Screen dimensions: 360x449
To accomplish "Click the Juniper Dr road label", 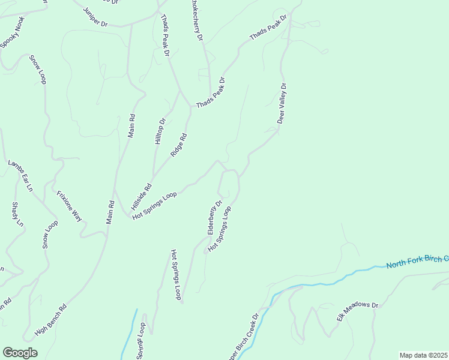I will [x=95, y=17].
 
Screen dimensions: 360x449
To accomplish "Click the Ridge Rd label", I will [x=179, y=145].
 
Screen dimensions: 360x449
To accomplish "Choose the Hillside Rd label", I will [x=141, y=196].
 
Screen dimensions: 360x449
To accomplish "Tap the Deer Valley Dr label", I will [x=283, y=103].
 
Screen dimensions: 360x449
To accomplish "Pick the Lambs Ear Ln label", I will [x=20, y=175].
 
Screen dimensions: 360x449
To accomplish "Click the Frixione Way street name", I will [x=69, y=206].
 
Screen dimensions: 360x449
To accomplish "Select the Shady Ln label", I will [x=17, y=214].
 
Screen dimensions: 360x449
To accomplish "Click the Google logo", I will [x=20, y=353].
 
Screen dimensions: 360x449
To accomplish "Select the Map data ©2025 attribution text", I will [x=423, y=355].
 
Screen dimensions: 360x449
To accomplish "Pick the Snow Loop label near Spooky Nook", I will [x=37, y=70].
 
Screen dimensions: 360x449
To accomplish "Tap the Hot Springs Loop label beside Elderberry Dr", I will [x=220, y=229].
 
